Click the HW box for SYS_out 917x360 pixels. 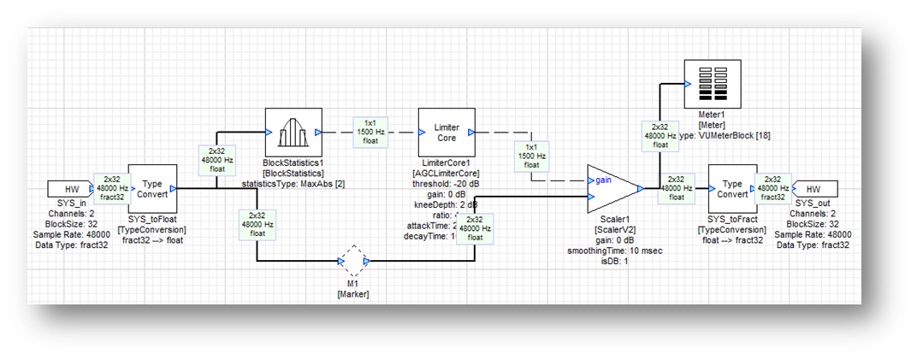813,188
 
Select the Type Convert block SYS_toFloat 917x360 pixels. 152,189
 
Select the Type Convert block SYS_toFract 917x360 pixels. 731,189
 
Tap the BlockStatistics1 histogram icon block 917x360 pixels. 293,133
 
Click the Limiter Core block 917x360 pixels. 446,133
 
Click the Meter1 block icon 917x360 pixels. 713,84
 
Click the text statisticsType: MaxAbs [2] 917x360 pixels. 292,184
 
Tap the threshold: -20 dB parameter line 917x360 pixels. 445,184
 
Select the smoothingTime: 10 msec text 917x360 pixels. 614,251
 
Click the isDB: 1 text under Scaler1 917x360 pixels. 614,262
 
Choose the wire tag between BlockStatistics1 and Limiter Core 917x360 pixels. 370,132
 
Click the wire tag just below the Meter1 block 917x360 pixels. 660,134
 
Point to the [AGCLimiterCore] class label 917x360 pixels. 446,173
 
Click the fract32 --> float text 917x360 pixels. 151,240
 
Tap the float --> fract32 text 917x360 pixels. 731,240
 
